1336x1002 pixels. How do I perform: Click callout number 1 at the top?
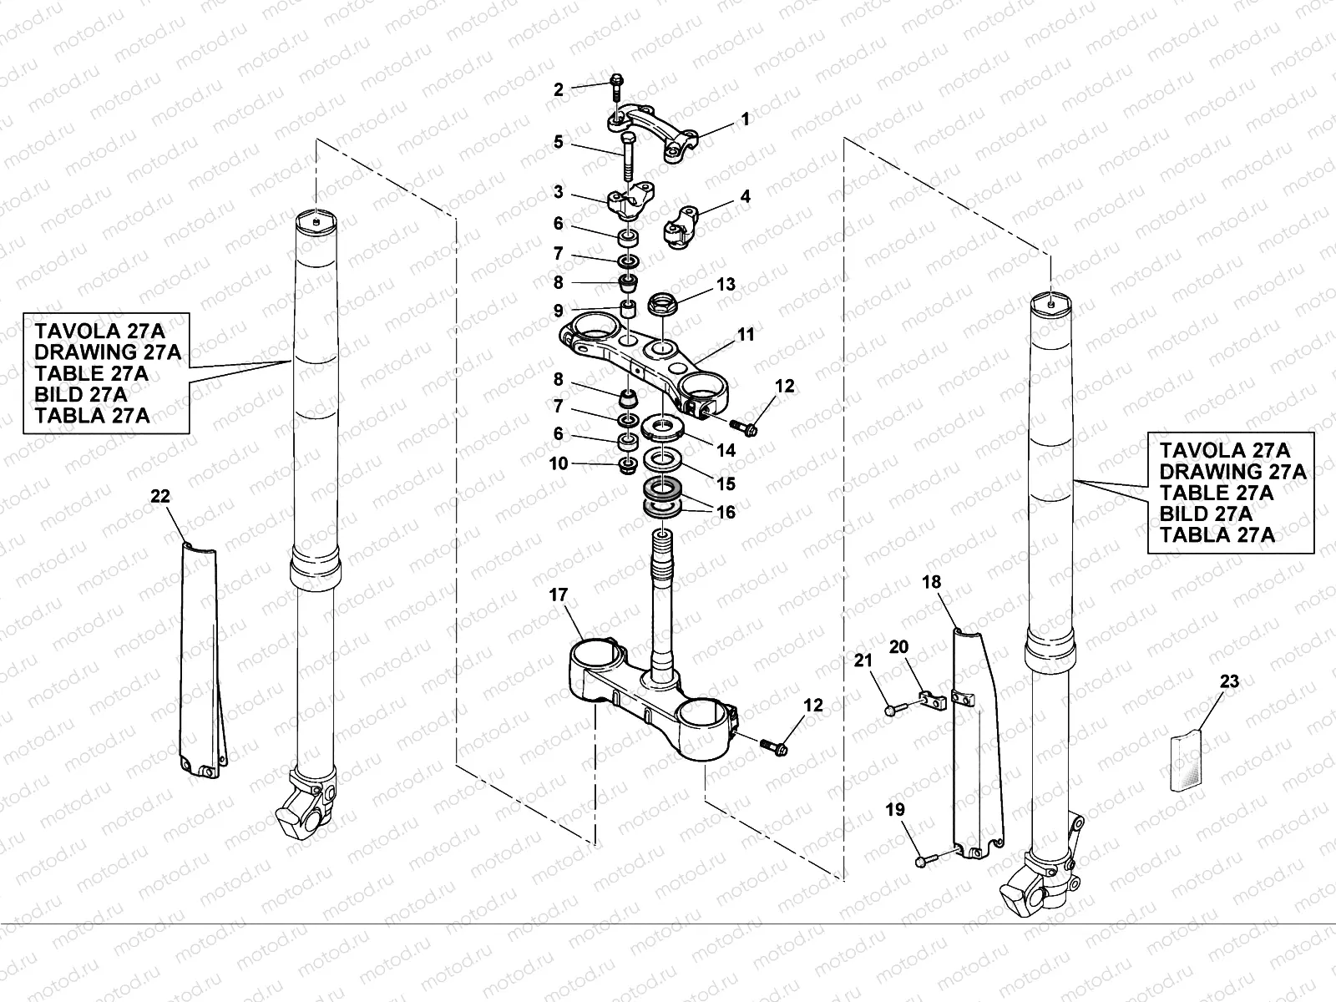coord(745,120)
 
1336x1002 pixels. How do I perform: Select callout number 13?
coord(726,284)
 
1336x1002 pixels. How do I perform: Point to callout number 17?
coord(558,595)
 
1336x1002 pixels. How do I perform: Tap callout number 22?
coord(159,496)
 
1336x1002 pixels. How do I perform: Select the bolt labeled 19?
coord(921,859)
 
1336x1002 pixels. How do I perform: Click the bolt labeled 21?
coord(891,710)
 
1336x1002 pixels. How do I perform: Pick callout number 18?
coord(932,582)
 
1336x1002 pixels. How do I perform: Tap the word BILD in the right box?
coord(1186,514)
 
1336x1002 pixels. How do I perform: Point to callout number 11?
coord(745,335)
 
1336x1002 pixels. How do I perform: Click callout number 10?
coord(558,463)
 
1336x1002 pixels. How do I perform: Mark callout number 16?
coord(726,513)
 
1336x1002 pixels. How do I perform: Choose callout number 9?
coord(558,311)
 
